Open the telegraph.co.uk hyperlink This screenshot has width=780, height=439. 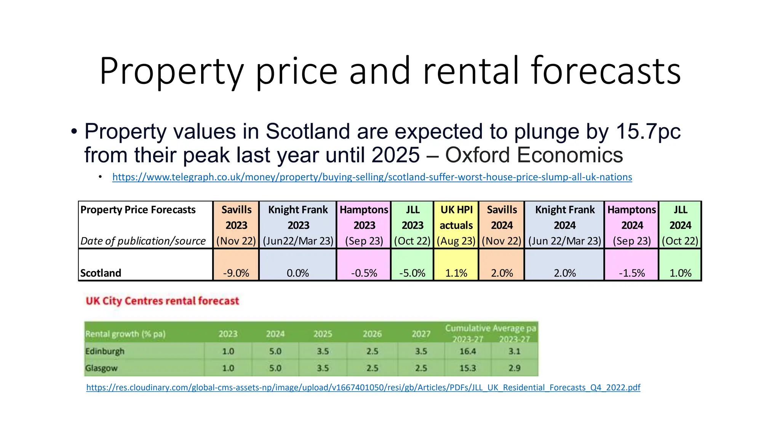pyautogui.click(x=372, y=177)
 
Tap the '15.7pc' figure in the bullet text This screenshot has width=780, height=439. pyautogui.click(x=648, y=131)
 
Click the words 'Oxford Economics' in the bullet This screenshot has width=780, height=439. pyautogui.click(x=534, y=155)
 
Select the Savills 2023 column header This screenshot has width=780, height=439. pyautogui.click(x=236, y=225)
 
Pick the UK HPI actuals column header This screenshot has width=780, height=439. pyautogui.click(x=456, y=225)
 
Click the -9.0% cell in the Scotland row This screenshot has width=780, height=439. pyautogui.click(x=236, y=273)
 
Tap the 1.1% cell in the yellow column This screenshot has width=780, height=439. pyautogui.click(x=456, y=273)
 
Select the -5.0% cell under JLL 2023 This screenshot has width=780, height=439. pyautogui.click(x=412, y=273)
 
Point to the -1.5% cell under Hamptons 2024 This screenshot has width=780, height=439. pyautogui.click(x=631, y=273)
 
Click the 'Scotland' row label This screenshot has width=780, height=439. pyautogui.click(x=101, y=273)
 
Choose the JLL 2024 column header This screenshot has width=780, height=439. pyautogui.click(x=680, y=225)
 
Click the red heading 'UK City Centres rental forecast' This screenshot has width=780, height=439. pyautogui.click(x=162, y=301)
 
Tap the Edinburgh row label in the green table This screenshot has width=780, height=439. pyautogui.click(x=105, y=351)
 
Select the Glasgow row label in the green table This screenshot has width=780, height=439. pyautogui.click(x=101, y=368)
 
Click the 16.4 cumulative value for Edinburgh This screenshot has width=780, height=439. pyautogui.click(x=467, y=351)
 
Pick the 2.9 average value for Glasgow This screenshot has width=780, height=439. pyautogui.click(x=514, y=368)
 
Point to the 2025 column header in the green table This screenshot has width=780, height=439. pyautogui.click(x=323, y=334)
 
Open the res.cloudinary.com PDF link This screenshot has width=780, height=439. pyautogui.click(x=363, y=388)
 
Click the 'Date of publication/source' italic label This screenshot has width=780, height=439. pyautogui.click(x=143, y=241)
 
